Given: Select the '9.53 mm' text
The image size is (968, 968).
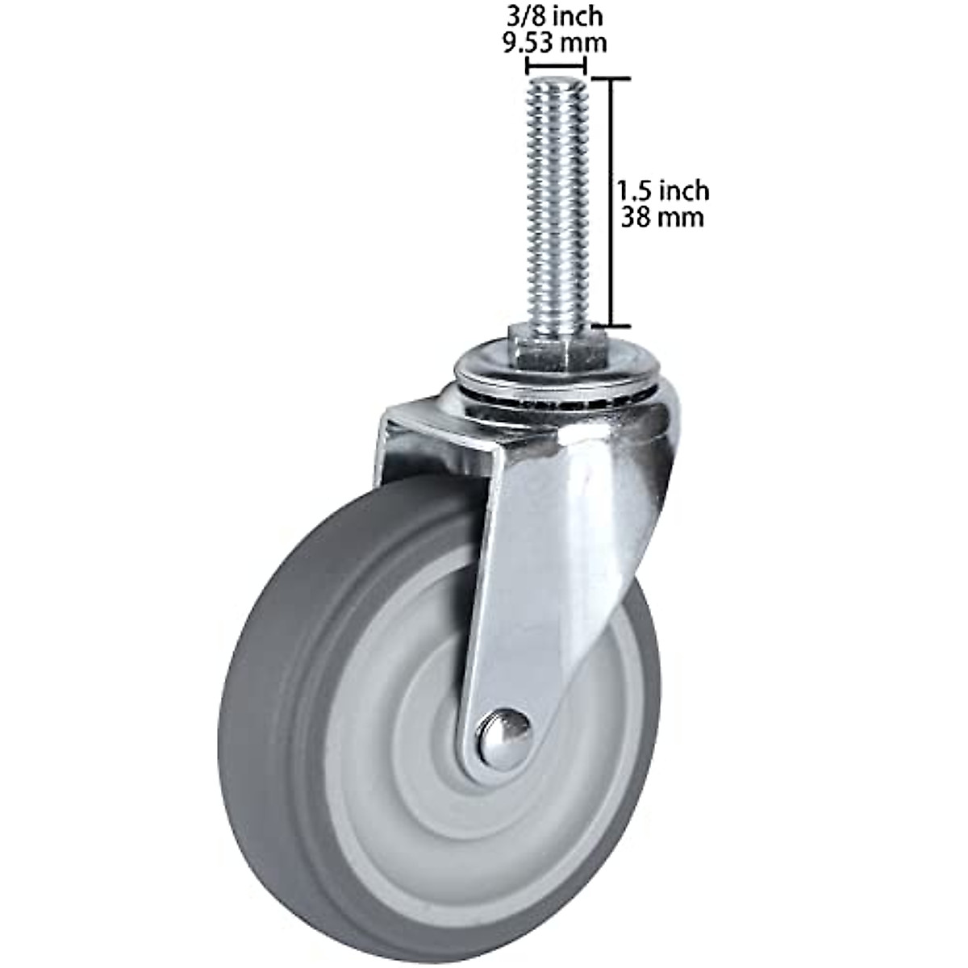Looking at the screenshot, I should pos(554,41).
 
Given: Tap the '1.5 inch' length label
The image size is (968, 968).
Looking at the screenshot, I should pos(662,191).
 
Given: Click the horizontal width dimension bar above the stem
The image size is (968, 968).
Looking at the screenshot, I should pos(555,66).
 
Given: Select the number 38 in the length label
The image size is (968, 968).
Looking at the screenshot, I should pos(636,217).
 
